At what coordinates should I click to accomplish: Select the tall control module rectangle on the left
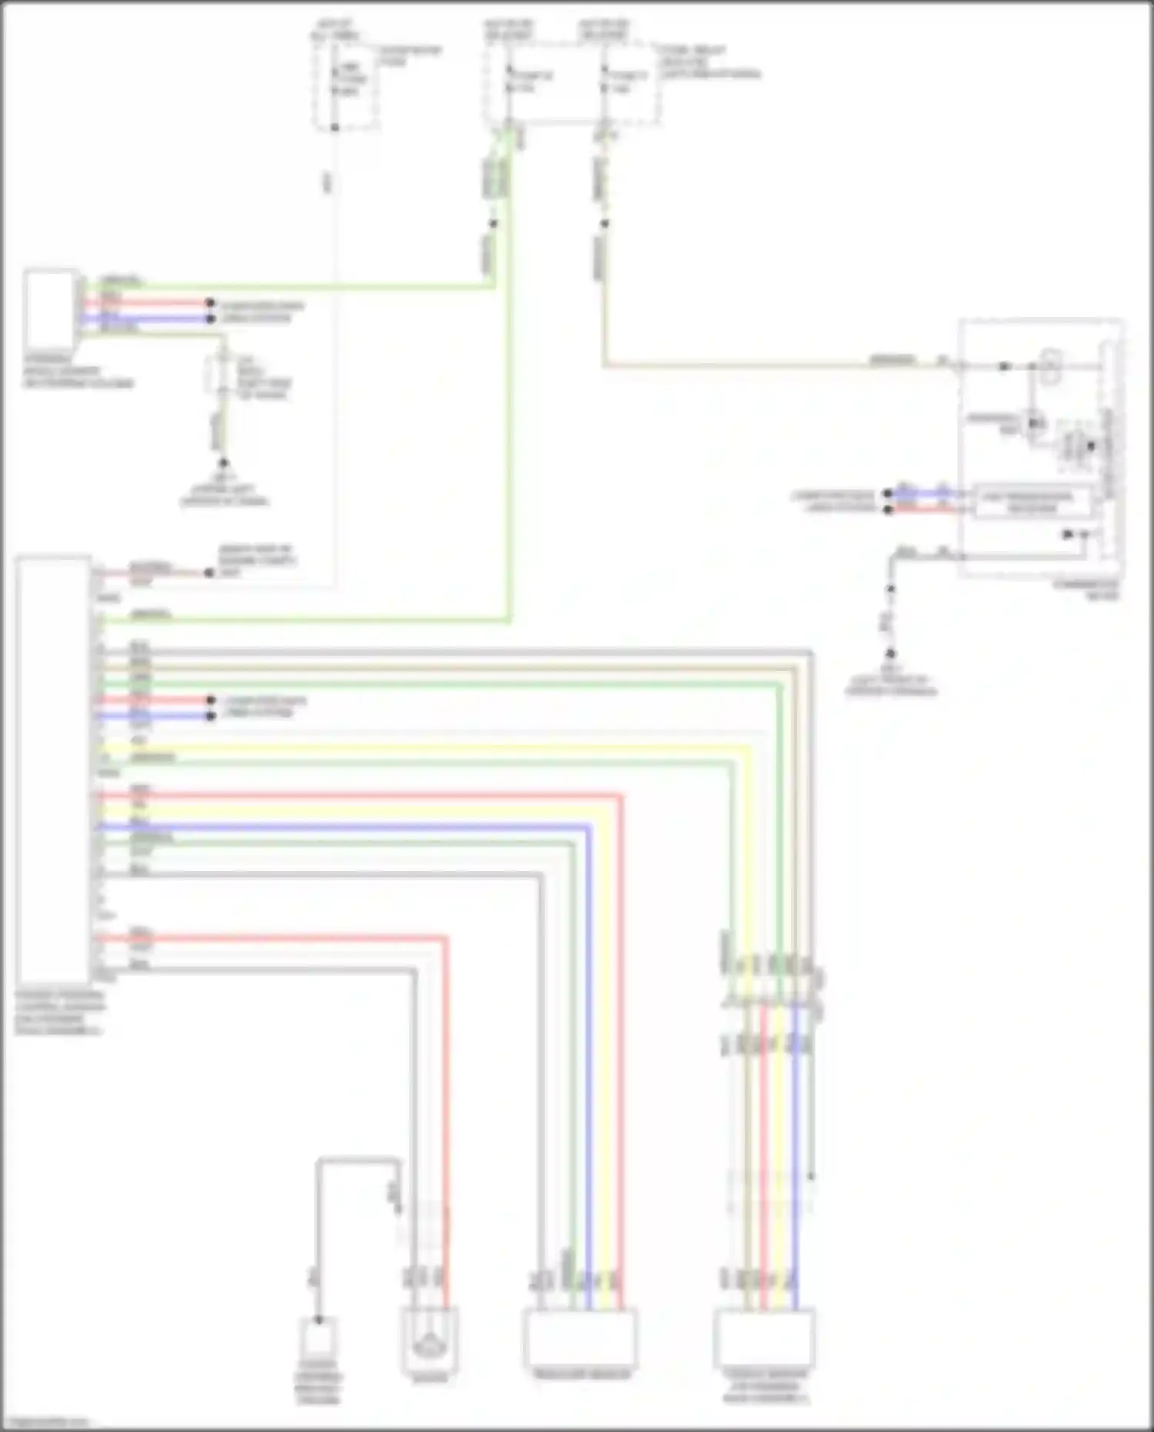coord(53,766)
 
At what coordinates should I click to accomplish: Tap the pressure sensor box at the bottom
coord(580,1338)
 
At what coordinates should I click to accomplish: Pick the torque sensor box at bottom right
coord(763,1340)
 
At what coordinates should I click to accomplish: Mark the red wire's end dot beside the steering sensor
coord(210,303)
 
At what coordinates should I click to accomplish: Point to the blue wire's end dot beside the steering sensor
coord(210,317)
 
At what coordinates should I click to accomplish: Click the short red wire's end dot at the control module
coord(210,700)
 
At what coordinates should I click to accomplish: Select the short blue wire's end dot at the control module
coord(210,716)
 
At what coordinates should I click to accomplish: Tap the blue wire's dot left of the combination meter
coord(888,493)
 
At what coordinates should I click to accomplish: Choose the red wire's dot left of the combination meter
coord(888,509)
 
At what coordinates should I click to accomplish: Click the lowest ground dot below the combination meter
coord(890,654)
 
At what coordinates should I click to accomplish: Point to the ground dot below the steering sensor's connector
coord(224,463)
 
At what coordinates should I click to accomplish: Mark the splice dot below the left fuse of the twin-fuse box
coord(493,224)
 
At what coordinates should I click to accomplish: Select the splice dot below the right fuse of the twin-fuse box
coord(605,224)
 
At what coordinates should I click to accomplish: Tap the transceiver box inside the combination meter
coord(1030,502)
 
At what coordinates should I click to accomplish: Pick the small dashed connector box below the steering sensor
coord(222,377)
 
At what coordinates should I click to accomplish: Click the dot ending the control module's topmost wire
coord(208,572)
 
